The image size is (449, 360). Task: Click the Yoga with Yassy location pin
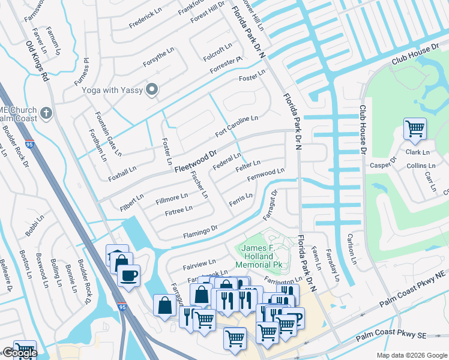coord(152,90)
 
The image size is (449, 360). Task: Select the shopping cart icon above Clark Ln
coord(415,128)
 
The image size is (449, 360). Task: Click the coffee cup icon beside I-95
coord(128,275)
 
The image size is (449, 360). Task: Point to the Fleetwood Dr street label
coord(196,160)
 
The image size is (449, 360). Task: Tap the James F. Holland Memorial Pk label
coord(262,256)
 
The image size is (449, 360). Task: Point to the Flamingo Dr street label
coord(200,232)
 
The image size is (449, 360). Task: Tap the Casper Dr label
coord(384,163)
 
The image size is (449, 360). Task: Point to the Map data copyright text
coord(412,355)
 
